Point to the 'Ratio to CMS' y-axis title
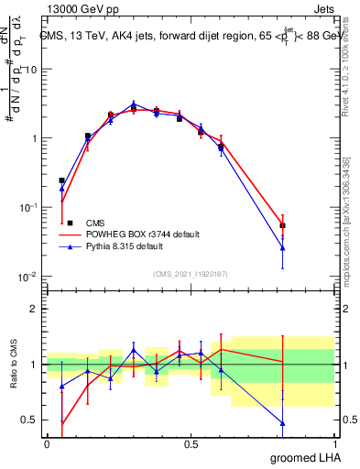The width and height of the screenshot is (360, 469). point(15,364)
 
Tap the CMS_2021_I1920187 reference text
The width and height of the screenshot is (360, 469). point(190,273)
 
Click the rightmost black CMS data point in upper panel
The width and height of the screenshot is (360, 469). point(283,225)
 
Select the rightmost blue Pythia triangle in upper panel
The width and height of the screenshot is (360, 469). point(283,247)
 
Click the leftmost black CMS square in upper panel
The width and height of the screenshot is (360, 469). point(61,180)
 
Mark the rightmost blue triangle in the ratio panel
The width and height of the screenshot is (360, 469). point(283,423)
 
